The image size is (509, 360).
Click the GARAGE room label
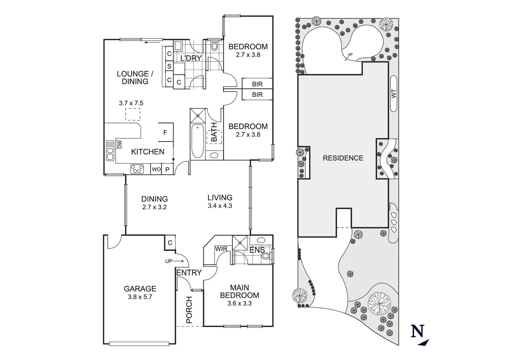pos(140,289)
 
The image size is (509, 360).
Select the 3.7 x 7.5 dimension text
pos(131,103)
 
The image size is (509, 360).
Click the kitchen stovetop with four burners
pos(137,169)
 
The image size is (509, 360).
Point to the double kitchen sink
pos(110,151)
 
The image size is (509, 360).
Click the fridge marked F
pos(165,133)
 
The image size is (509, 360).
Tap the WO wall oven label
pos(156,169)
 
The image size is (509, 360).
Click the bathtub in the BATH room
pos(198,141)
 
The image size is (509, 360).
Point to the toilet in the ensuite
pos(265,256)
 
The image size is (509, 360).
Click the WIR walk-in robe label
pos(221,249)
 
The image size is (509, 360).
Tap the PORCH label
pos(189,310)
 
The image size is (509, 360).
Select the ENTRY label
pos(189,273)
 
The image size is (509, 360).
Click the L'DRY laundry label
pos(191,58)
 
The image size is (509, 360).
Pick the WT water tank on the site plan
pos(394,94)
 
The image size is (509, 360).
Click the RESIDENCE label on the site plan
pos(343,158)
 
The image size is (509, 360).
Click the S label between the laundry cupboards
pos(169,66)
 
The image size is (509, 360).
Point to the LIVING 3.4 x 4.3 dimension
pos(220,206)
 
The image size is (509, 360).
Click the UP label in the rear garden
pos(350,54)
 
